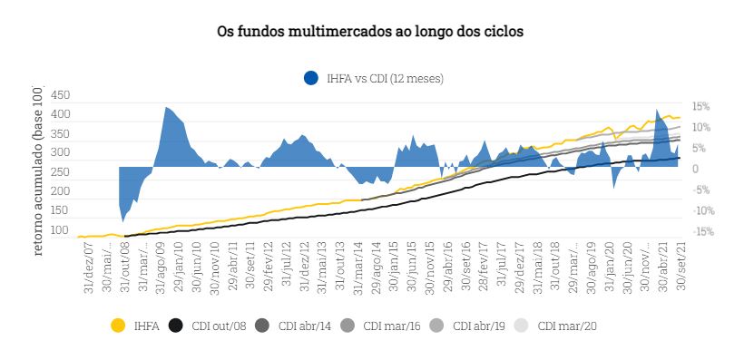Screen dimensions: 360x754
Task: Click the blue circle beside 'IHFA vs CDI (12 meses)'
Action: tap(311, 78)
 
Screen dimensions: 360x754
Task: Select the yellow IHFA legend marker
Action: tap(117, 325)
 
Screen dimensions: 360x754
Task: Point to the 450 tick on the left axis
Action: tap(60, 95)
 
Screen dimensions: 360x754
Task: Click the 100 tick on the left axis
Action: tap(60, 230)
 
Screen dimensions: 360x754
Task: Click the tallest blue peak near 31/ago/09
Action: tap(166, 108)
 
